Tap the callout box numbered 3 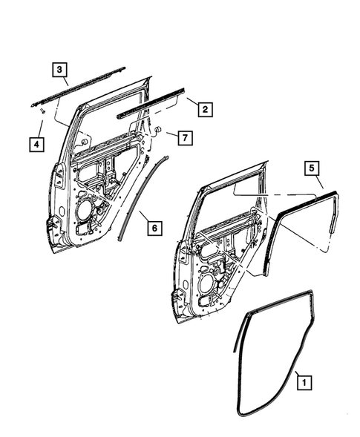59,69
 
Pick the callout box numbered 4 36,143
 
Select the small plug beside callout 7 158,130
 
